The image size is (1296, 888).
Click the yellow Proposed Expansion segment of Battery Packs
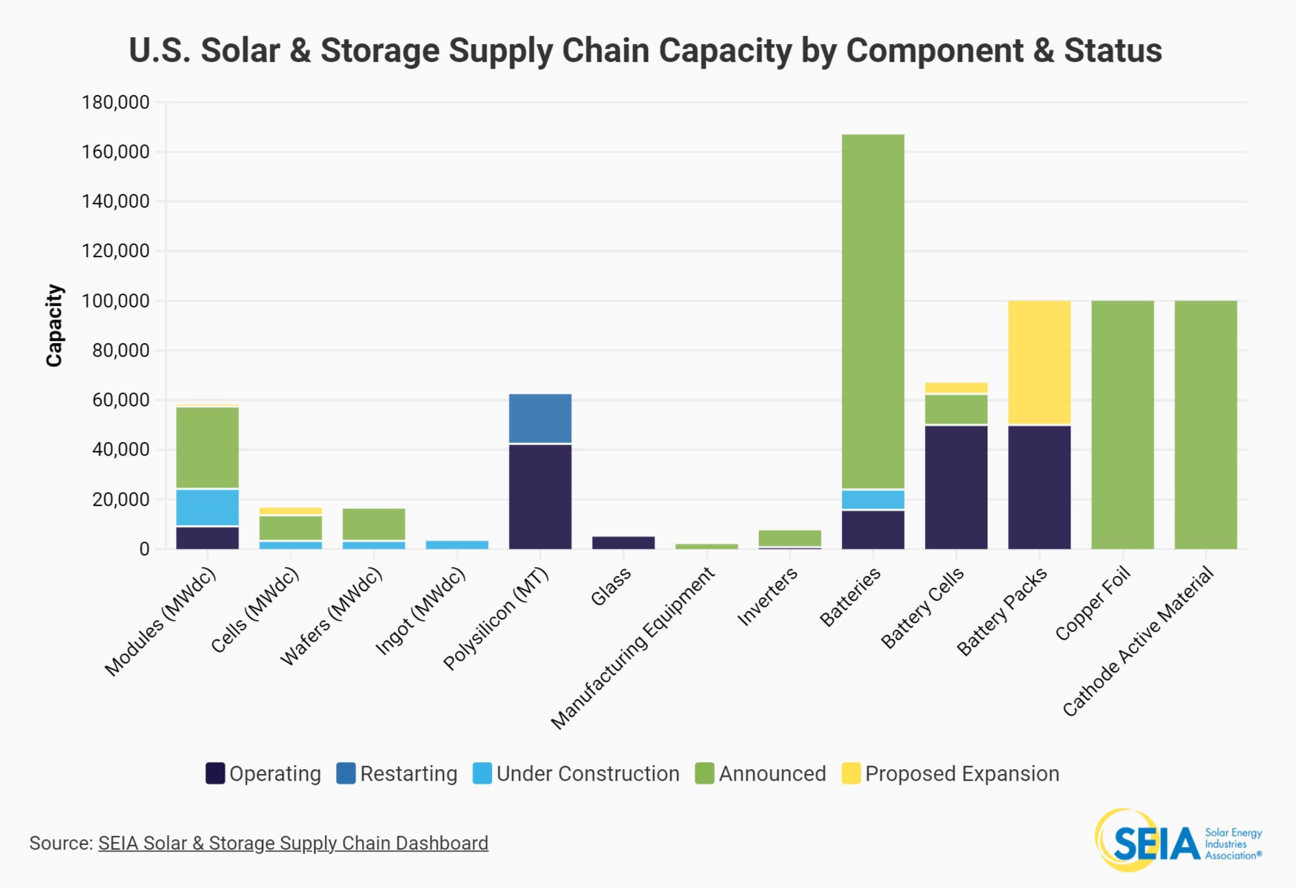(x=1039, y=362)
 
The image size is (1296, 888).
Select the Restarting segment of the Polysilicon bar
(x=540, y=419)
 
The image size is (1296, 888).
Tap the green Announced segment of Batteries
(x=873, y=311)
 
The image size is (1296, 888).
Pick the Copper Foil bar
(x=1123, y=425)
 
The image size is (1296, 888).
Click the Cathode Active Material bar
(x=1206, y=425)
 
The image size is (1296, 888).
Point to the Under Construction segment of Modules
(x=208, y=507)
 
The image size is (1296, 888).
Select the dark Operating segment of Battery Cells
(x=957, y=487)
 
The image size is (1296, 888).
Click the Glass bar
(x=623, y=543)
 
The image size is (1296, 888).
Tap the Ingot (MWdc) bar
(x=457, y=545)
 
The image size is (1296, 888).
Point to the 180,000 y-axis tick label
(x=115, y=102)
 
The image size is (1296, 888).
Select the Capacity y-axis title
(x=54, y=325)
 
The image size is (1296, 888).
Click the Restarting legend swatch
(x=346, y=773)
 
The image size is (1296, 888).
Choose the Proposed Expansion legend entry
(x=950, y=773)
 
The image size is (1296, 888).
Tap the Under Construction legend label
(x=588, y=774)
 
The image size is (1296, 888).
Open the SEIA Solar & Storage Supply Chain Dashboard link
(x=293, y=843)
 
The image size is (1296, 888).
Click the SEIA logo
(x=1178, y=840)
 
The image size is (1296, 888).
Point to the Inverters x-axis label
(x=768, y=597)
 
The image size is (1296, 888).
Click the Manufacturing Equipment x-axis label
(x=633, y=648)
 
